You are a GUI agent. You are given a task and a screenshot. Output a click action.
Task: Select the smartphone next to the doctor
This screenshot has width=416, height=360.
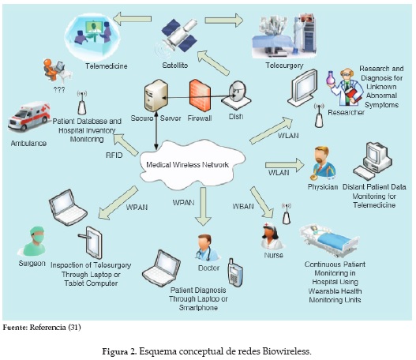[x=234, y=272]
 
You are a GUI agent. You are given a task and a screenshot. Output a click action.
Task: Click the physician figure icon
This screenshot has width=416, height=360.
[x=322, y=162]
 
